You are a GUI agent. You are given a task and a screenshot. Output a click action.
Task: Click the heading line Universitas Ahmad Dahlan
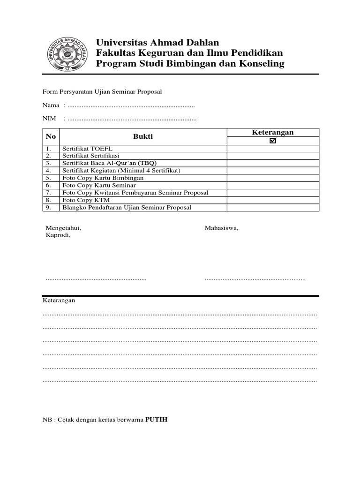click(x=157, y=43)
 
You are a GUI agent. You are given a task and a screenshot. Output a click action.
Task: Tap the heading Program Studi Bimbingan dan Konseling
click(x=190, y=64)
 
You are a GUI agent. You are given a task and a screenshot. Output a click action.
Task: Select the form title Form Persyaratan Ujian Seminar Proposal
click(x=102, y=92)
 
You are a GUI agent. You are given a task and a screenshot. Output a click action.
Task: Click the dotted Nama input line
click(x=131, y=106)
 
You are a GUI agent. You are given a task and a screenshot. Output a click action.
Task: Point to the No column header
click(x=51, y=137)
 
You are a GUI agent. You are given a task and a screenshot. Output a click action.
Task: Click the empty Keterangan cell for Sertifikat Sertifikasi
click(x=273, y=156)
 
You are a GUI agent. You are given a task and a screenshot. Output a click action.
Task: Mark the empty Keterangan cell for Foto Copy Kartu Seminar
click(x=273, y=185)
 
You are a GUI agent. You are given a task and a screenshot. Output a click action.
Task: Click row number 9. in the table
click(x=48, y=208)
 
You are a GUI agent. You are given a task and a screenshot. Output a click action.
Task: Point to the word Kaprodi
click(x=58, y=235)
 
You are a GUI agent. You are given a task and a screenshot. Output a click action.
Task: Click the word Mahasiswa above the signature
click(x=221, y=228)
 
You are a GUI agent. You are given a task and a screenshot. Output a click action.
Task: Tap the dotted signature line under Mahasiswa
click(x=255, y=279)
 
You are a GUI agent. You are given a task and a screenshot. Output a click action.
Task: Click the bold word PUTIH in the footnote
click(x=156, y=420)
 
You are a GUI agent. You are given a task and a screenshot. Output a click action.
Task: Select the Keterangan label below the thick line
click(x=59, y=300)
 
